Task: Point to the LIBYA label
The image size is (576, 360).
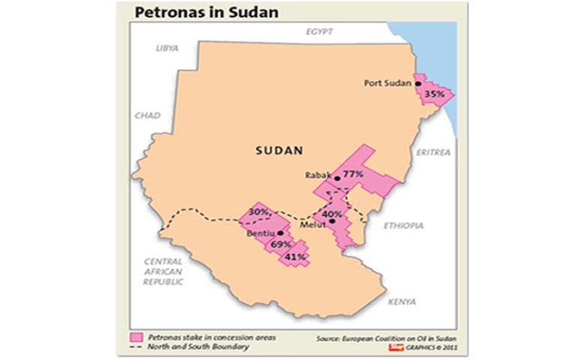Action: click(167, 48)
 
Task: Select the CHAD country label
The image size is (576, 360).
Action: click(147, 115)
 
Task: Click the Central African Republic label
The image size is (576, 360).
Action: click(163, 271)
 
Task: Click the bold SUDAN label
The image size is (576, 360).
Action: click(278, 151)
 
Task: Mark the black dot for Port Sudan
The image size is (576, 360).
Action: click(418, 84)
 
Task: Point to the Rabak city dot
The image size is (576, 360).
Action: click(337, 178)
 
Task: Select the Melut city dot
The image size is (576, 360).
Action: click(332, 221)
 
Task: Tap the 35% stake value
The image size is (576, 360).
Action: click(434, 94)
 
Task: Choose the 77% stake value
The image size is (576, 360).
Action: click(353, 174)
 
